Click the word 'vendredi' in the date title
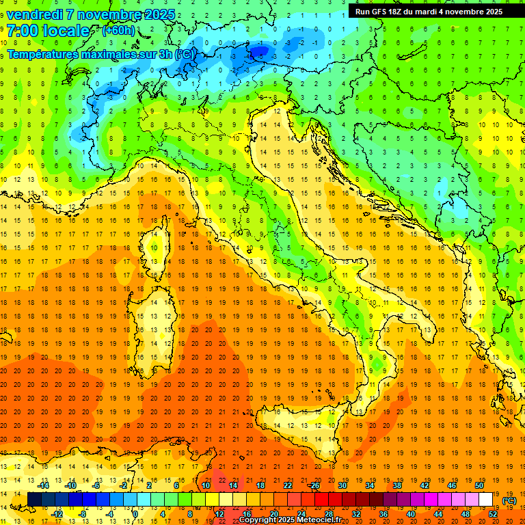(x=36, y=14)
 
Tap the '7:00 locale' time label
(x=48, y=31)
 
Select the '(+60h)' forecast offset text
(x=118, y=31)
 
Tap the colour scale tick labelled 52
(x=493, y=514)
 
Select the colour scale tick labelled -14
(x=44, y=485)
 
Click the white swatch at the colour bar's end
(x=486, y=500)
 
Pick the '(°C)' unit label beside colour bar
(x=509, y=500)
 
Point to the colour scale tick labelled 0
(x=135, y=514)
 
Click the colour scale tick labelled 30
(x=342, y=485)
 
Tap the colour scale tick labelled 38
(x=396, y=485)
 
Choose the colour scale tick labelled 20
(x=273, y=514)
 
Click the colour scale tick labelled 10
(x=206, y=485)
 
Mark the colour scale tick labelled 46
(x=451, y=485)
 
